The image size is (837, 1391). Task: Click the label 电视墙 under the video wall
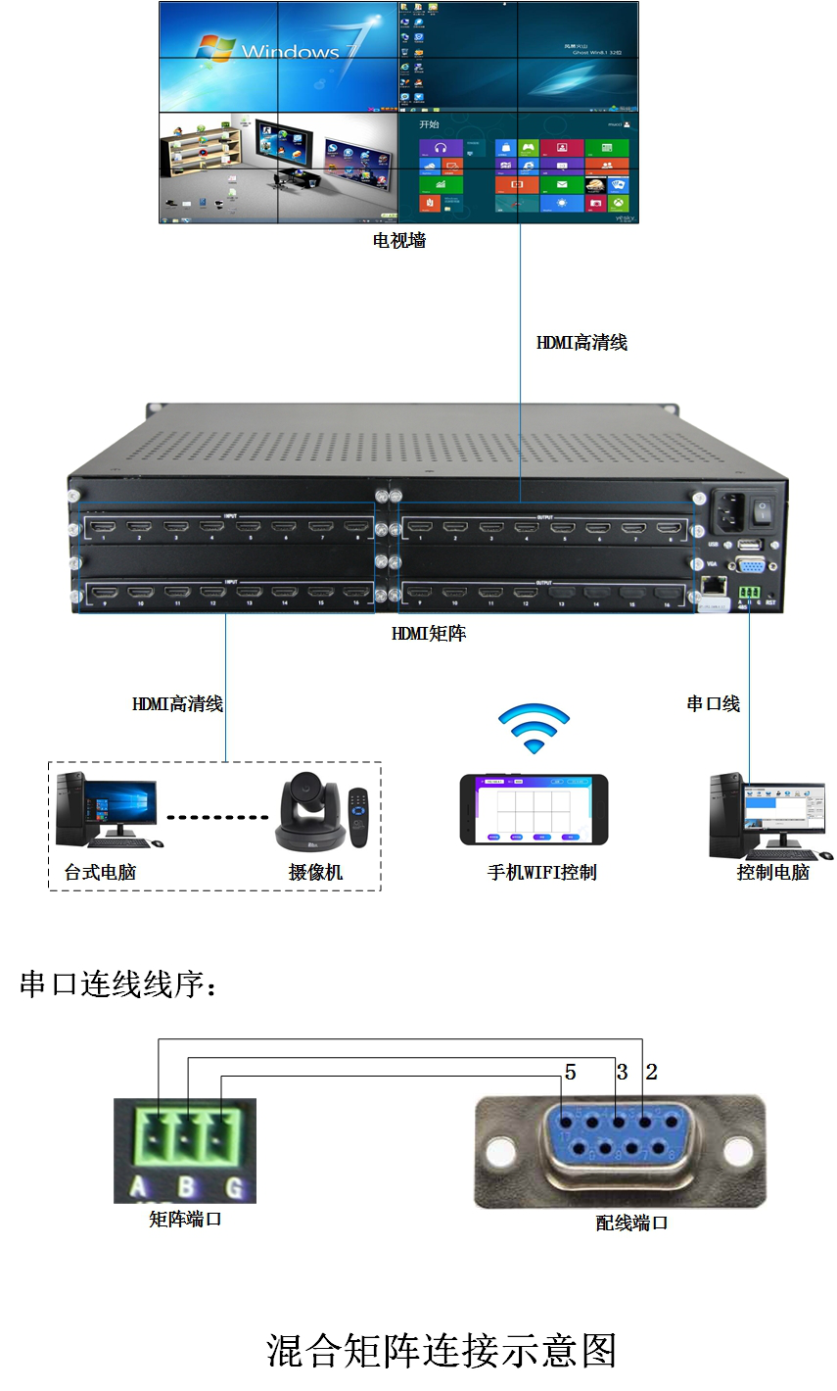pos(399,240)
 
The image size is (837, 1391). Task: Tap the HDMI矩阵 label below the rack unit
pos(429,634)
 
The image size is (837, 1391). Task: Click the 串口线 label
pos(713,703)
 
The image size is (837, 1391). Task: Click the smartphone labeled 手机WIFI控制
pos(534,809)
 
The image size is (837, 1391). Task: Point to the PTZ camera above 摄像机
pos(310,812)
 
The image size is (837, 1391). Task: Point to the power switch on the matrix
pos(762,509)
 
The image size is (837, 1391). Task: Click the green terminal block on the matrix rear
pos(750,593)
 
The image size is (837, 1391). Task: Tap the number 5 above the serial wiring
pos(570,1073)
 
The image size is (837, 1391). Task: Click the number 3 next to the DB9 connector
pos(622,1073)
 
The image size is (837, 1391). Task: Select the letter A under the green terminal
pos(139,1188)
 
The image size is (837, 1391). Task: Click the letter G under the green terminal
pos(234,1188)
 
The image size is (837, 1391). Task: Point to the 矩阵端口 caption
pos(185,1220)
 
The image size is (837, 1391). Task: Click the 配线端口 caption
pos(631,1223)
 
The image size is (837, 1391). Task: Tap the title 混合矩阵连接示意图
pos(442,1351)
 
